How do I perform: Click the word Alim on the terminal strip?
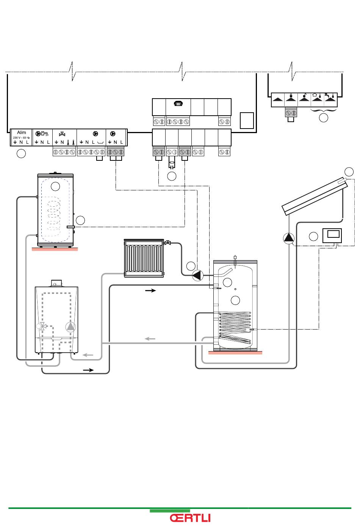coord(21,132)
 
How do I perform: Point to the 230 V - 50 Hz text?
coord(21,138)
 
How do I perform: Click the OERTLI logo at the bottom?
coord(190,518)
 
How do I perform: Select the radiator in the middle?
coord(144,258)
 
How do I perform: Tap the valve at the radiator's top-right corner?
coord(167,243)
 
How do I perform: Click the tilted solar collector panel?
coord(315,196)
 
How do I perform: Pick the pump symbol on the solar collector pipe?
coord(289,238)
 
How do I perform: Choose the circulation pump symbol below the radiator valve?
coord(197,275)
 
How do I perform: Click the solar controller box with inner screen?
coord(332,235)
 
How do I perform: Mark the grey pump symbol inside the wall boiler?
coord(70,327)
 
